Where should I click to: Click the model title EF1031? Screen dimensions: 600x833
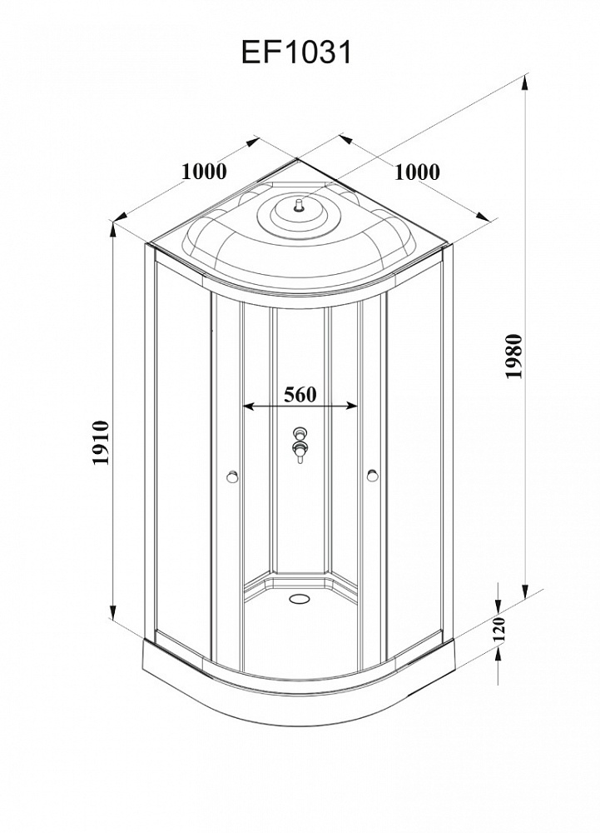296,52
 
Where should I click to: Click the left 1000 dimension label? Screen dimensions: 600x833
204,172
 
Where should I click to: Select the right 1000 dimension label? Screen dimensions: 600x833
417,172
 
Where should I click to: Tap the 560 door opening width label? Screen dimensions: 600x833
300,395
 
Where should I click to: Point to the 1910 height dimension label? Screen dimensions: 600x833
101,443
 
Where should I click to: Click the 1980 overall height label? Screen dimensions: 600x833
514,356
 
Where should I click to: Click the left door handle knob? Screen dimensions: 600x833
232,476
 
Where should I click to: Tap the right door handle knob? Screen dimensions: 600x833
373,475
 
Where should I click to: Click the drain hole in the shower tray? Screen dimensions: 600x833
300,599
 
